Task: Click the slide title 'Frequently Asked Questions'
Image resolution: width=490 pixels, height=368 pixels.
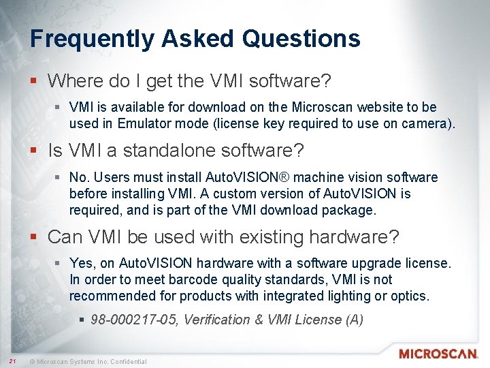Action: pyautogui.click(x=195, y=38)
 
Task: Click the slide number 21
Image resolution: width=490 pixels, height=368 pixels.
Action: pyautogui.click(x=12, y=361)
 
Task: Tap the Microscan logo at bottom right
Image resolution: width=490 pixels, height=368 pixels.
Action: pyautogui.click(x=438, y=354)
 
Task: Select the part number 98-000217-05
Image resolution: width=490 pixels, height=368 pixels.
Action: pyautogui.click(x=136, y=320)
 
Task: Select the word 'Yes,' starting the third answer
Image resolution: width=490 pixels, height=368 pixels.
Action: pyautogui.click(x=82, y=263)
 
